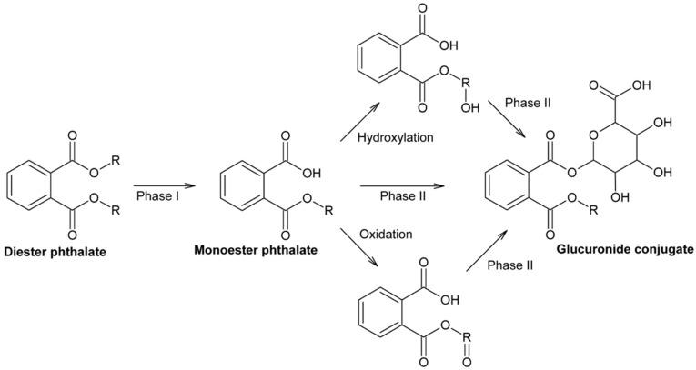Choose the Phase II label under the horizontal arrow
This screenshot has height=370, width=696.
[402, 196]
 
